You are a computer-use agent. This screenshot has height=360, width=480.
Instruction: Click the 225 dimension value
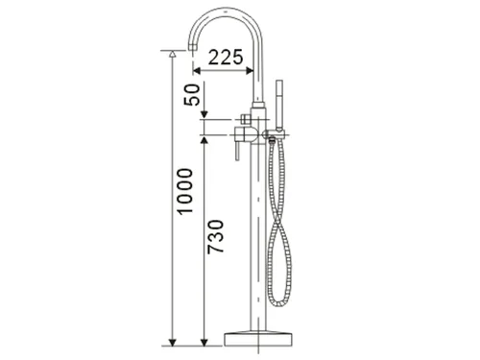pos(226,58)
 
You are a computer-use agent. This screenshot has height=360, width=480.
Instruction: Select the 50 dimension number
pos(192,94)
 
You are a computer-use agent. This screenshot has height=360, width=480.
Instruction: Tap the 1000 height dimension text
pos(185,191)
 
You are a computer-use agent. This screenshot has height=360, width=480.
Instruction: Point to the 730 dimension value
pos(215,237)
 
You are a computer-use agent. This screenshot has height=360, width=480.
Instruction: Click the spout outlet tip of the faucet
pos(193,47)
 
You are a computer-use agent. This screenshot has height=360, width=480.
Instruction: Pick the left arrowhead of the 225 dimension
pos(197,71)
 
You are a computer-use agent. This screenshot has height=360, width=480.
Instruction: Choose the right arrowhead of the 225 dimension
pos(250,71)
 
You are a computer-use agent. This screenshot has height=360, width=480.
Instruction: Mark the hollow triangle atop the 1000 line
pos(173,54)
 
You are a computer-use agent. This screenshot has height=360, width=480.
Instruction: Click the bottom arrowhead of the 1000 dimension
pos(173,342)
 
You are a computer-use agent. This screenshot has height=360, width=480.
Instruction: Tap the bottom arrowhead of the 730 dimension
pos(204,342)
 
